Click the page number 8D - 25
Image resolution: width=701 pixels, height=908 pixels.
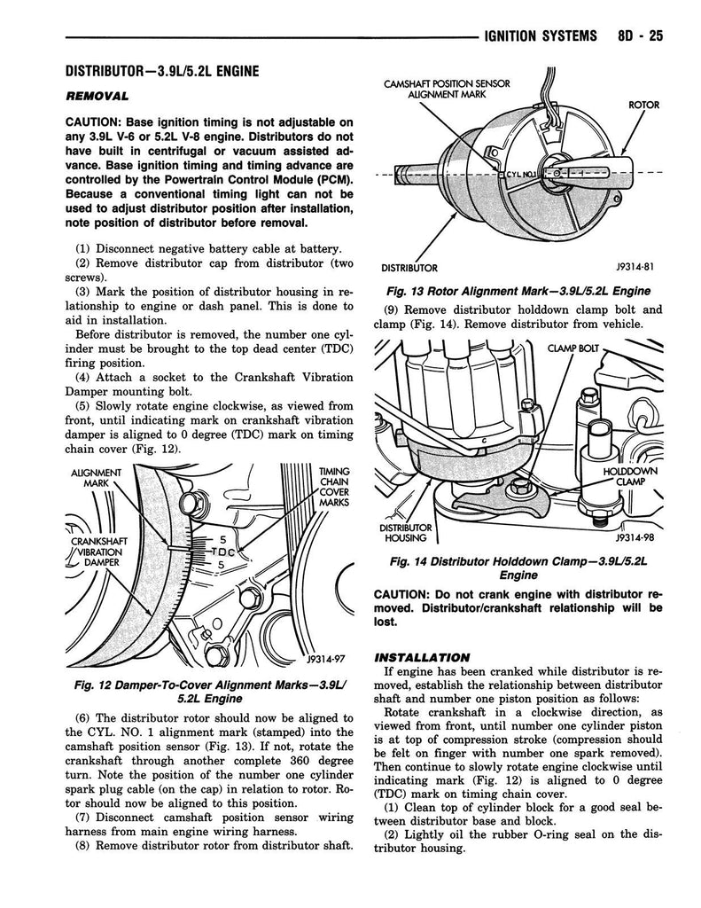636,36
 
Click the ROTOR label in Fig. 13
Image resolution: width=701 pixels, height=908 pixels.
644,105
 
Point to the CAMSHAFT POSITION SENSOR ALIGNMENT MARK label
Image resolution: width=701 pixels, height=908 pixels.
446,90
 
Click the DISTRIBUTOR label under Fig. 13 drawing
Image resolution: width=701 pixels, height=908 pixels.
409,268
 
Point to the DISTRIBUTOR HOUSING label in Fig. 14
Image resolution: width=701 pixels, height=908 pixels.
406,533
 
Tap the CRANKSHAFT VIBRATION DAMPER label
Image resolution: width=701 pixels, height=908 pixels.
99,551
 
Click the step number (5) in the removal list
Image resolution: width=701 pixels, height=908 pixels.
85,404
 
